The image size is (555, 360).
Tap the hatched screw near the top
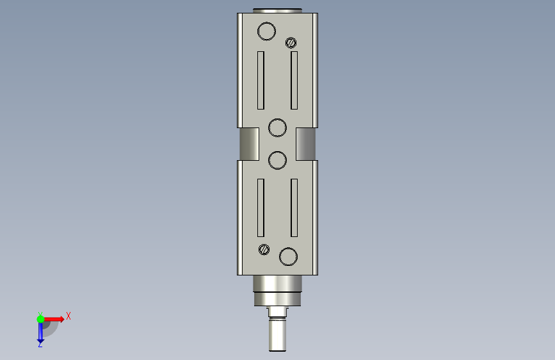(x=291, y=43)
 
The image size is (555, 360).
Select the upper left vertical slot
(x=261, y=81)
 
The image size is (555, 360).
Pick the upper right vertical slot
(x=294, y=81)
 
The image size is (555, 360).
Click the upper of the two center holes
(x=278, y=127)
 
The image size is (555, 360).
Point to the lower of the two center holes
(x=278, y=160)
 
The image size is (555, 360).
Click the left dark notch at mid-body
(x=249, y=144)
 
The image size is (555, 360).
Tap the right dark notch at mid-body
(x=305, y=144)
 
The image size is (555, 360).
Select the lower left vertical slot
(x=261, y=208)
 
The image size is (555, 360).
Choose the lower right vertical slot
(x=294, y=208)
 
